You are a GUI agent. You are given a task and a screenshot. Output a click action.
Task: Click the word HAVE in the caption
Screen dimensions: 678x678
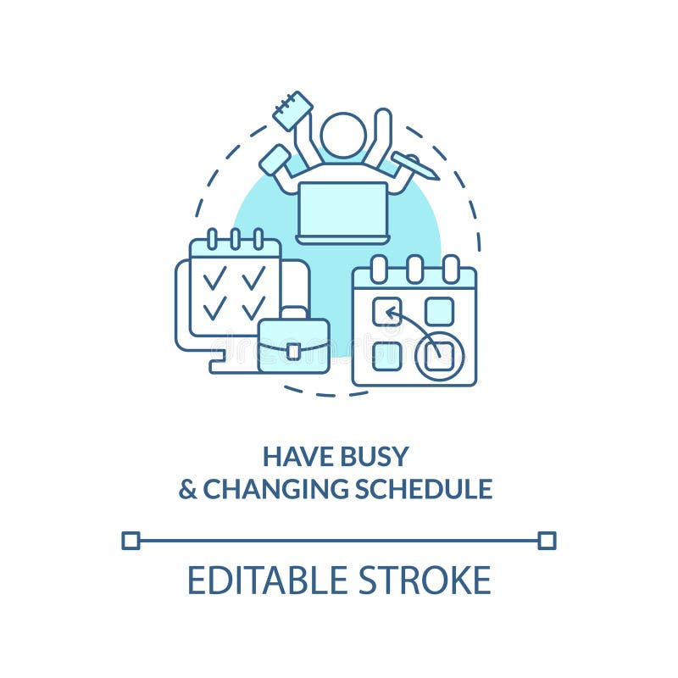pos(293,457)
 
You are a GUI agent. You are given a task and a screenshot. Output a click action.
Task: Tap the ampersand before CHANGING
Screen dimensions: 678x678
pos(187,489)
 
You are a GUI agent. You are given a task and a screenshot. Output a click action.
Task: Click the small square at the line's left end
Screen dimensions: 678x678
pos(131,540)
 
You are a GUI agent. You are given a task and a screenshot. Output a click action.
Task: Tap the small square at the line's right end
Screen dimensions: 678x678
pos(547,540)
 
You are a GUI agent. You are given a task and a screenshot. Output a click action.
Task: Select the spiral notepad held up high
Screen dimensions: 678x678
pos(292,111)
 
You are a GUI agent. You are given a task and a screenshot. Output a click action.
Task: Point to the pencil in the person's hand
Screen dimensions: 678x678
pos(415,165)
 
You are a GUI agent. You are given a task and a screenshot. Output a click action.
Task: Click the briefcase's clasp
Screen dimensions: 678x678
pos(293,351)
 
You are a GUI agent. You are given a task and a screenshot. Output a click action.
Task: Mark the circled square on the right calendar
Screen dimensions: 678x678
pos(439,355)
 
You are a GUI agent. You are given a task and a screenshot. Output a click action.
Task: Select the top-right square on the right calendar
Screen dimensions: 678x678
pos(439,311)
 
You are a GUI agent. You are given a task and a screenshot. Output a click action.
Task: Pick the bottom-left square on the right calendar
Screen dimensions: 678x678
pos(386,355)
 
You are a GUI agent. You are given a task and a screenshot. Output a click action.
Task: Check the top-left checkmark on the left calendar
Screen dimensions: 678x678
pos(214,279)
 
